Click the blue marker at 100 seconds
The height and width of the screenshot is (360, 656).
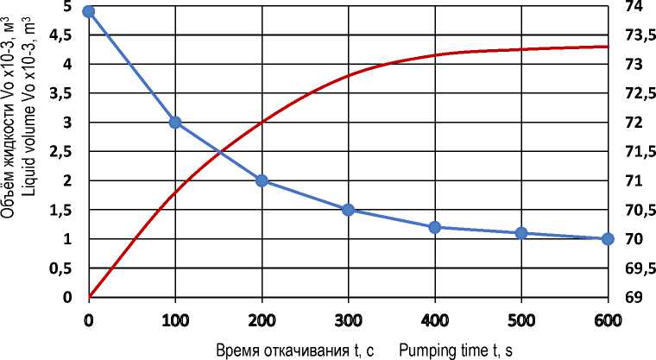click(175, 123)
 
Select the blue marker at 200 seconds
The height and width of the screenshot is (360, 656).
click(262, 180)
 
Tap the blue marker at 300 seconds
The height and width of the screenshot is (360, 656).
click(348, 210)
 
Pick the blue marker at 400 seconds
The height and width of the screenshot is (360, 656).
click(434, 227)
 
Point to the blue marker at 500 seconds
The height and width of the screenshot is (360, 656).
click(520, 233)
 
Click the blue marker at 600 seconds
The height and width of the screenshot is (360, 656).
click(607, 239)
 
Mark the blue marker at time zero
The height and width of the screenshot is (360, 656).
click(89, 11)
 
